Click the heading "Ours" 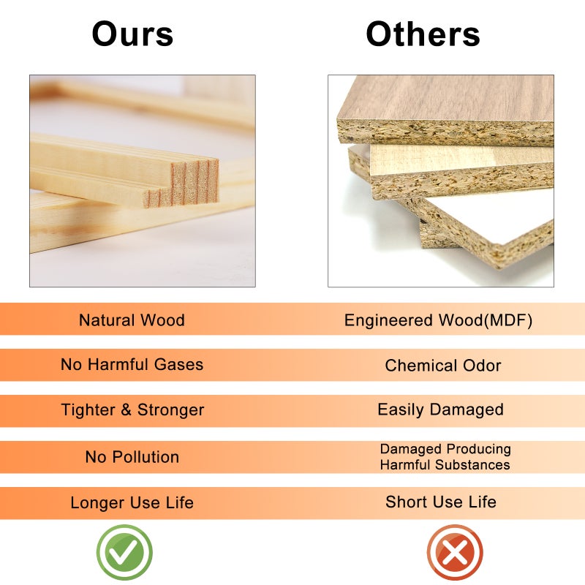132,34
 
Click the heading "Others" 423,34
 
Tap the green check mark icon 124,553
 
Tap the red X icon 455,553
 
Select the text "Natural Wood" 132,320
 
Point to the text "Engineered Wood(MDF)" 438,320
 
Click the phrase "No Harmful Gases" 132,364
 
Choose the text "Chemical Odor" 443,366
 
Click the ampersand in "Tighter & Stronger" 126,409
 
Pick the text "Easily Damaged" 441,409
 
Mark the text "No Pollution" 132,457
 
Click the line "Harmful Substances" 445,465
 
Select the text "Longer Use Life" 132,502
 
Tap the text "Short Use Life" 441,502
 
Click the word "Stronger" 171,410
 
